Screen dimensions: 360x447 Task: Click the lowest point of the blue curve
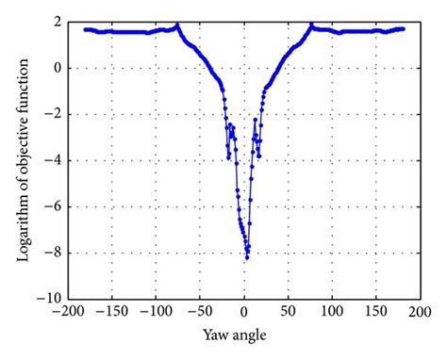click(x=247, y=257)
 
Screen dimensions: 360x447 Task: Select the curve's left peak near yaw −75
click(x=177, y=25)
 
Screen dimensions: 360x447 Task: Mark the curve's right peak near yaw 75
click(x=312, y=25)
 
